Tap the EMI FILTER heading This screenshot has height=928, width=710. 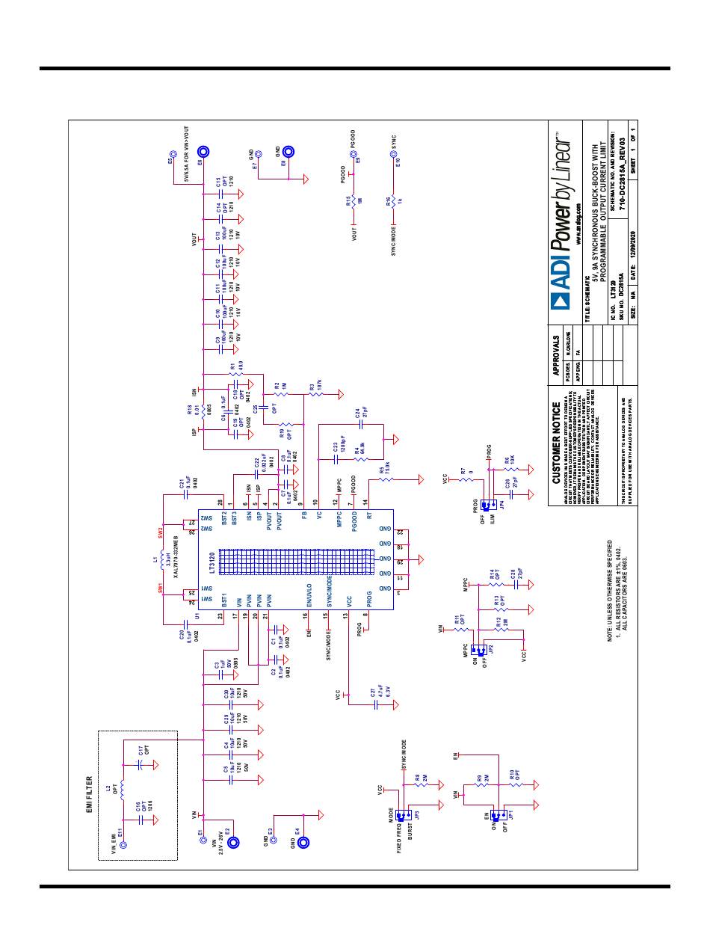pyautogui.click(x=88, y=794)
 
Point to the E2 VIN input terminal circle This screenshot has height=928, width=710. pyautogui.click(x=233, y=843)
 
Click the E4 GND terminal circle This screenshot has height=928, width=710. pyautogui.click(x=303, y=843)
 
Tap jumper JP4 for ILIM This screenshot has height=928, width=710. pyautogui.click(x=490, y=506)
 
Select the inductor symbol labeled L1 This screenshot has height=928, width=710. pyautogui.click(x=164, y=561)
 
